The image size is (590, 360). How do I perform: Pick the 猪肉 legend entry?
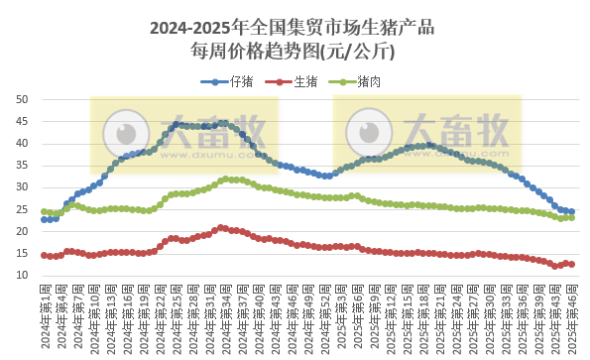371,81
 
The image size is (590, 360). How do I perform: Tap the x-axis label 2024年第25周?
177,317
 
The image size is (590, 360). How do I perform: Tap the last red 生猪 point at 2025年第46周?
571,264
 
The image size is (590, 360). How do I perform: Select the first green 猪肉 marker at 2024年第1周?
44,211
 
